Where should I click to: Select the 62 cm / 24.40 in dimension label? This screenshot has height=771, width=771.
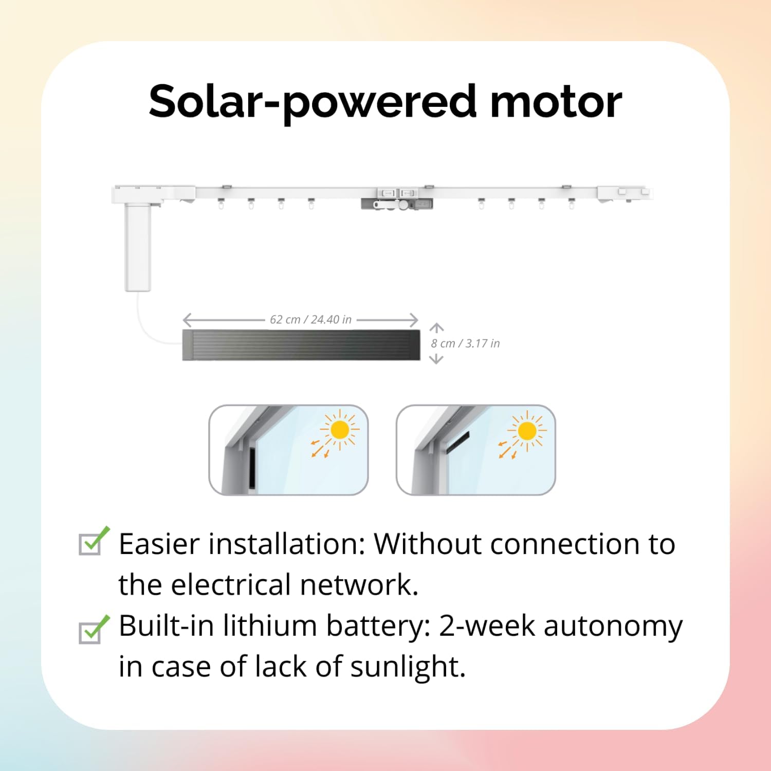click(x=310, y=320)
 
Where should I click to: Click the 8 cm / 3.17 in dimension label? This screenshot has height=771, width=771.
click(x=465, y=343)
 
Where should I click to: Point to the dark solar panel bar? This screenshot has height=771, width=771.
click(x=301, y=345)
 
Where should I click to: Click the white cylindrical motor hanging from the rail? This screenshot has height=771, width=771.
click(x=138, y=247)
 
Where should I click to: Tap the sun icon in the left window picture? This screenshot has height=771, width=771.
click(x=340, y=430)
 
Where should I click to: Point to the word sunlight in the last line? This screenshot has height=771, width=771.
click(x=408, y=667)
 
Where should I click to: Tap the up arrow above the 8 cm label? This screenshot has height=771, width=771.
click(x=436, y=328)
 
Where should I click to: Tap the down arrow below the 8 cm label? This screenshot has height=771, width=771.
click(x=436, y=359)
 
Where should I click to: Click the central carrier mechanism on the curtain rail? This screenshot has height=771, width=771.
click(x=397, y=198)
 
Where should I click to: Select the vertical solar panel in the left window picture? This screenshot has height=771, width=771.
click(x=253, y=467)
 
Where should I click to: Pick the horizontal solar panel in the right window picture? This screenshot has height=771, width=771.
click(x=457, y=442)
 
